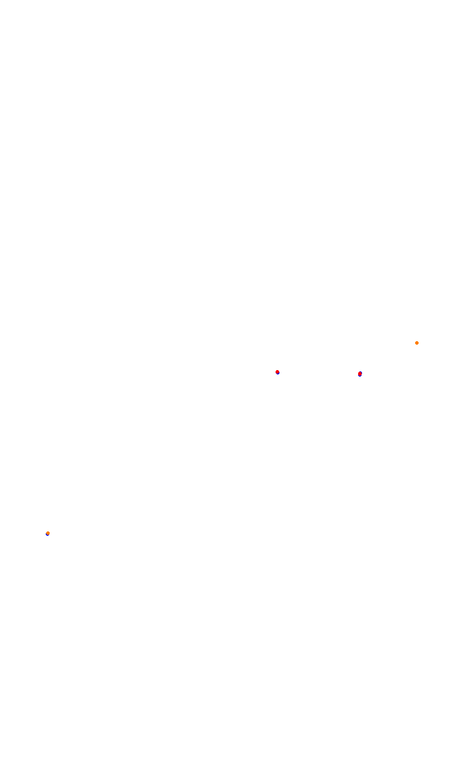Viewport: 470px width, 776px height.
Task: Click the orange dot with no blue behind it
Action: tap(417, 343)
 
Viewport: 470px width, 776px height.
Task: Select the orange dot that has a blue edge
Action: tap(48, 533)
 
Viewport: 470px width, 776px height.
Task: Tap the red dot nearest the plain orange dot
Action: tap(360, 374)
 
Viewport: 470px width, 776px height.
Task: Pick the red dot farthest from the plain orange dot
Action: tap(277, 372)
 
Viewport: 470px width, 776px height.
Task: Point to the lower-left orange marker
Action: tap(48, 533)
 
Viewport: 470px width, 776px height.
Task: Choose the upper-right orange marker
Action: tap(417, 343)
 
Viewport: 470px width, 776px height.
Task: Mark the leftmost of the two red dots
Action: tap(277, 372)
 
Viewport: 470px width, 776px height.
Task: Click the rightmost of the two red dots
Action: tap(360, 374)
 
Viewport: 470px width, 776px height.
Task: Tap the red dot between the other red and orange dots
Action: tap(360, 374)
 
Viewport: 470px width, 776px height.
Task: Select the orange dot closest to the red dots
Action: tap(417, 343)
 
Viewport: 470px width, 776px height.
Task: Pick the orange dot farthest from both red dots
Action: tap(48, 533)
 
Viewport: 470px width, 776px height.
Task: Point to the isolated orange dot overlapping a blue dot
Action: tap(48, 533)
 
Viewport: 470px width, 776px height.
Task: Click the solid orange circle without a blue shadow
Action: tap(417, 343)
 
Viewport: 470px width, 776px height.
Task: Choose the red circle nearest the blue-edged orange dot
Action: tap(277, 372)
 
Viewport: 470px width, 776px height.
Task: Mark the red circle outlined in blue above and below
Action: tap(277, 372)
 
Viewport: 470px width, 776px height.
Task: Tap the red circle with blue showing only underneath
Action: tap(360, 374)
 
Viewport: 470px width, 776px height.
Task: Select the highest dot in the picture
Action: tap(417, 343)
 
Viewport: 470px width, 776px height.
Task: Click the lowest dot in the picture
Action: tap(48, 533)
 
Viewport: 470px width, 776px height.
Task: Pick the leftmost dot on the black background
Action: tap(48, 533)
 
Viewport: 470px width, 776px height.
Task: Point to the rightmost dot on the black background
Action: tap(417, 343)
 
